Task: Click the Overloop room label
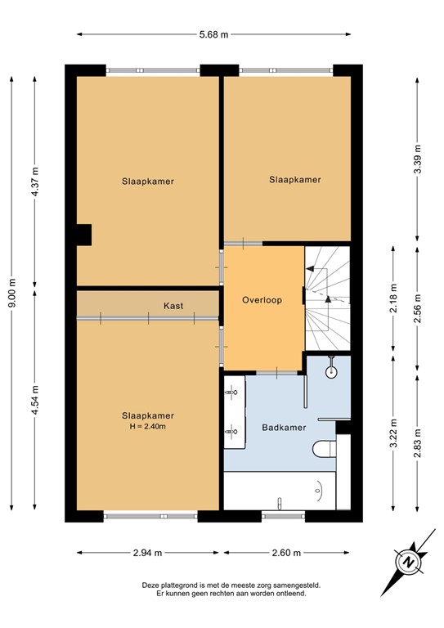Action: point(262,300)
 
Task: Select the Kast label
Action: point(173,306)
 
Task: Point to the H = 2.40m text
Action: point(147,426)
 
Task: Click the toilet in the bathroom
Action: point(324,448)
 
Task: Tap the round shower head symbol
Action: point(331,371)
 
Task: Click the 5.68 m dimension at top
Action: point(213,34)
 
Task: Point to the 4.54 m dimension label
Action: point(34,400)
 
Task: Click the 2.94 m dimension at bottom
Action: point(148,552)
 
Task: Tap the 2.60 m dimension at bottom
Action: point(287,552)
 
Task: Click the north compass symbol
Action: point(406,562)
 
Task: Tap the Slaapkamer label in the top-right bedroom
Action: point(294,180)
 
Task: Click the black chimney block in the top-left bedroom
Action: point(83,235)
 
